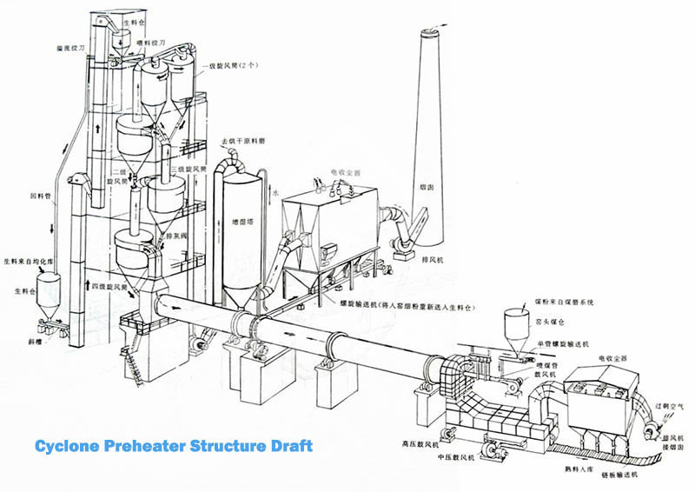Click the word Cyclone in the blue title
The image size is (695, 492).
click(x=71, y=446)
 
